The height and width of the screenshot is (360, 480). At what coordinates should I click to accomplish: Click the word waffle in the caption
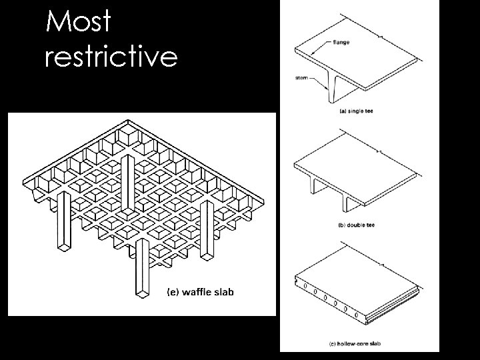point(195,292)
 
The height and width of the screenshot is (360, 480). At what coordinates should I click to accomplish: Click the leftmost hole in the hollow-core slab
point(304,288)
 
